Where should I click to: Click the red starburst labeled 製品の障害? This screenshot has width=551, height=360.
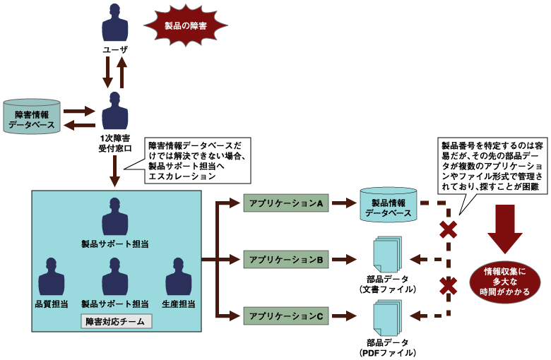pyautogui.click(x=186, y=25)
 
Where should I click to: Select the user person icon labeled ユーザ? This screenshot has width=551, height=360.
pyautogui.click(x=114, y=23)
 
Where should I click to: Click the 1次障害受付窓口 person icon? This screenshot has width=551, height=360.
pyautogui.click(x=114, y=109)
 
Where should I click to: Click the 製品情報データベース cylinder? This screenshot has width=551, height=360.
pyautogui.click(x=386, y=205)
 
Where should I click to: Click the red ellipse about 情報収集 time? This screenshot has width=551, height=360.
pyautogui.click(x=506, y=282)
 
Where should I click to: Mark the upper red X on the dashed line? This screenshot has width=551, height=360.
pyautogui.click(x=448, y=229)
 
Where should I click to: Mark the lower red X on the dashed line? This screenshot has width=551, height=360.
pyautogui.click(x=448, y=286)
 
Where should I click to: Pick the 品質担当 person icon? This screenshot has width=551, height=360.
pyautogui.click(x=51, y=277)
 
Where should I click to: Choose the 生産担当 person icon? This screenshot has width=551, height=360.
pyautogui.click(x=178, y=277)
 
